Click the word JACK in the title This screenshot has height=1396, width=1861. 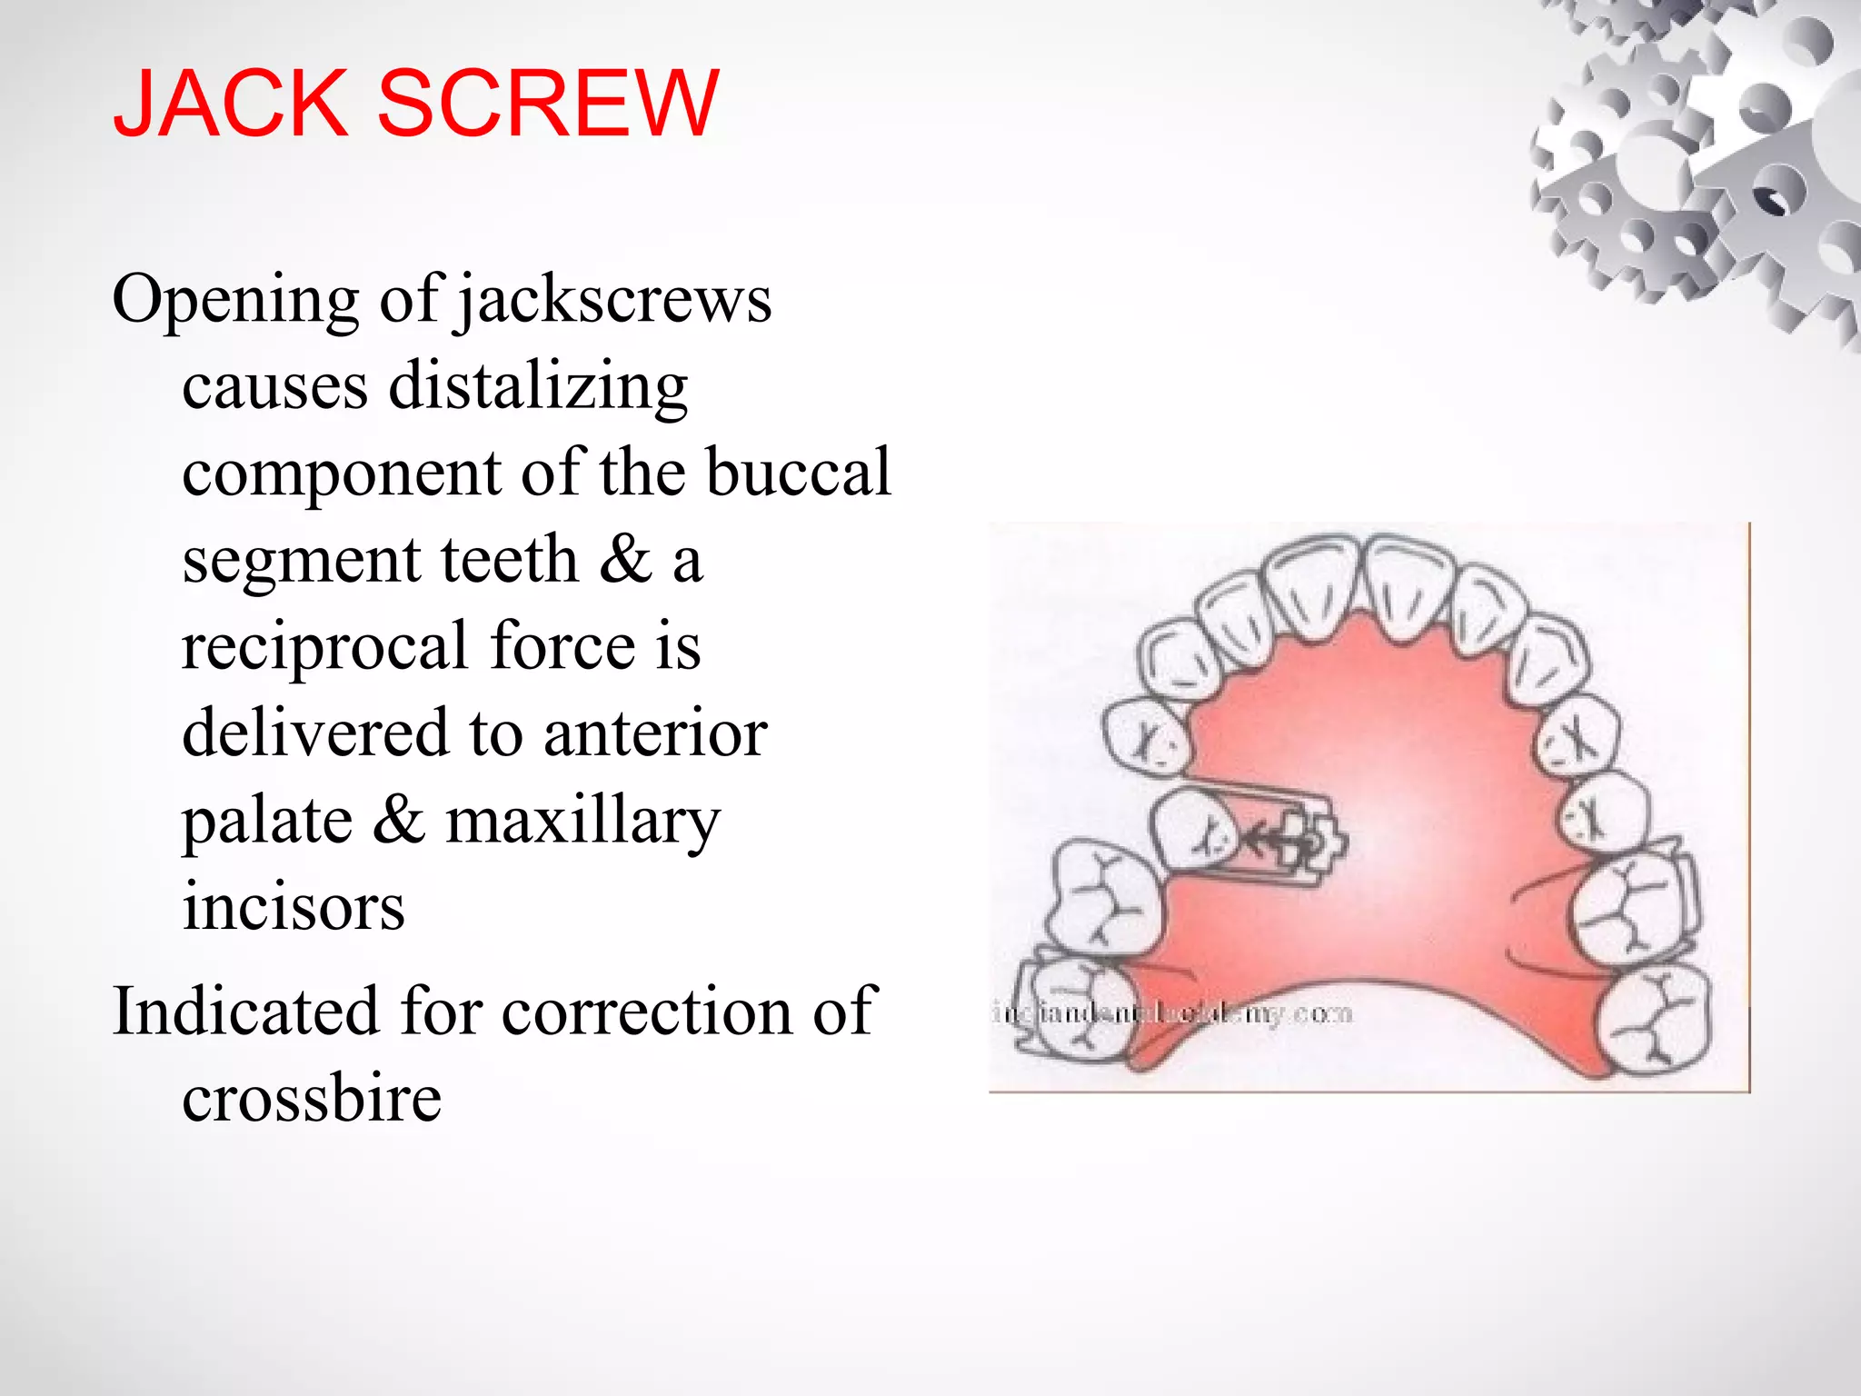pyautogui.click(x=231, y=105)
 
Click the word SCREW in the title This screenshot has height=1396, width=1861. pyautogui.click(x=547, y=105)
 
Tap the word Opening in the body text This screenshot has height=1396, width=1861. pyautogui.click(x=235, y=301)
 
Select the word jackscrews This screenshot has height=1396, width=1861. pyautogui.click(x=614, y=301)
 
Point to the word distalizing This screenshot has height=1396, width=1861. pyautogui.click(x=538, y=387)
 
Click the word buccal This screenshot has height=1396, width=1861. pyautogui.click(x=799, y=473)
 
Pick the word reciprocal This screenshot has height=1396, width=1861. pyautogui.click(x=324, y=647)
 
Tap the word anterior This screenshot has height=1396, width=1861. pyautogui.click(x=655, y=733)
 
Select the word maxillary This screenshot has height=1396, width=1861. pyautogui.click(x=582, y=821)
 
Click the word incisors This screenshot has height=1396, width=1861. pyautogui.click(x=293, y=906)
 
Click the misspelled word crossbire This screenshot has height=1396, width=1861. pyautogui.click(x=312, y=1098)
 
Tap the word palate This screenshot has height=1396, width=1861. pyautogui.click(x=267, y=821)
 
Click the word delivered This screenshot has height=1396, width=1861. pyautogui.click(x=314, y=733)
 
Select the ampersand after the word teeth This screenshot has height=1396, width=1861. pyautogui.click(x=625, y=560)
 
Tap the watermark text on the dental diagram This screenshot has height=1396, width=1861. pyautogui.click(x=1172, y=1012)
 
